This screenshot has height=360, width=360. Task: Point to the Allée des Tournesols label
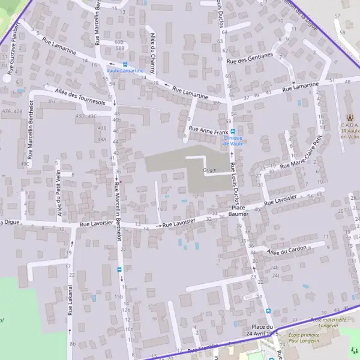pyautogui.click(x=80, y=97)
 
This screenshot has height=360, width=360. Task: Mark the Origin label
pyautogui.click(x=209, y=170)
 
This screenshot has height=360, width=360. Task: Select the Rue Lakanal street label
pyautogui.click(x=70, y=300)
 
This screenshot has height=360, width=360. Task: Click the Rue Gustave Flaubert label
pyautogui.click(x=13, y=50)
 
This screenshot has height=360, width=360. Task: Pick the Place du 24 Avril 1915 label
pyautogui.click(x=262, y=329)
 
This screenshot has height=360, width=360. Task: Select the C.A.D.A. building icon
pyautogui.click(x=350, y=117)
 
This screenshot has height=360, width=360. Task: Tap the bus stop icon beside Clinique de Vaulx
pyautogui.click(x=233, y=131)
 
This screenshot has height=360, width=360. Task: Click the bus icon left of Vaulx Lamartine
pyautogui.click(x=125, y=64)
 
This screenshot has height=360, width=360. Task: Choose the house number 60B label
pyautogui.click(x=119, y=42)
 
